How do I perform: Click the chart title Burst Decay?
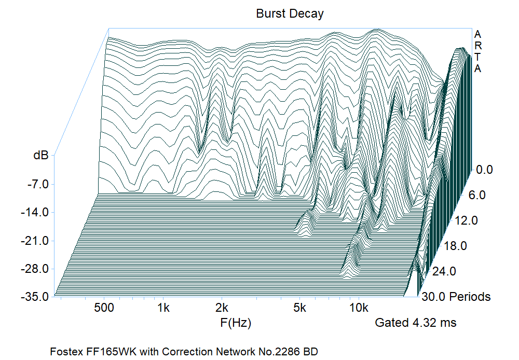pos(290,14)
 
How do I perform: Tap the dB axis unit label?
pos(41,155)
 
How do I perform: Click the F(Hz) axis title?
pos(236,323)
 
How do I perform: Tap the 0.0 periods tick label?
pos(485,170)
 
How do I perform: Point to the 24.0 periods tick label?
pos(445,271)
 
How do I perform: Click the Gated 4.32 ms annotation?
pos(416,323)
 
